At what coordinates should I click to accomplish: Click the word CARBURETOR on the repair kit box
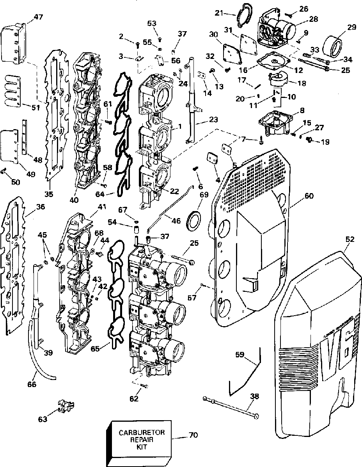pyautogui.click(x=142, y=432)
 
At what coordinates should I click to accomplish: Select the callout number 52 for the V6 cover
pyautogui.click(x=350, y=239)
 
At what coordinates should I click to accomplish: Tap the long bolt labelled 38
pyautogui.click(x=230, y=407)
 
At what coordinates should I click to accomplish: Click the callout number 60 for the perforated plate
pyautogui.click(x=309, y=196)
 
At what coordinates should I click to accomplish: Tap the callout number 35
pyautogui.click(x=49, y=193)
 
